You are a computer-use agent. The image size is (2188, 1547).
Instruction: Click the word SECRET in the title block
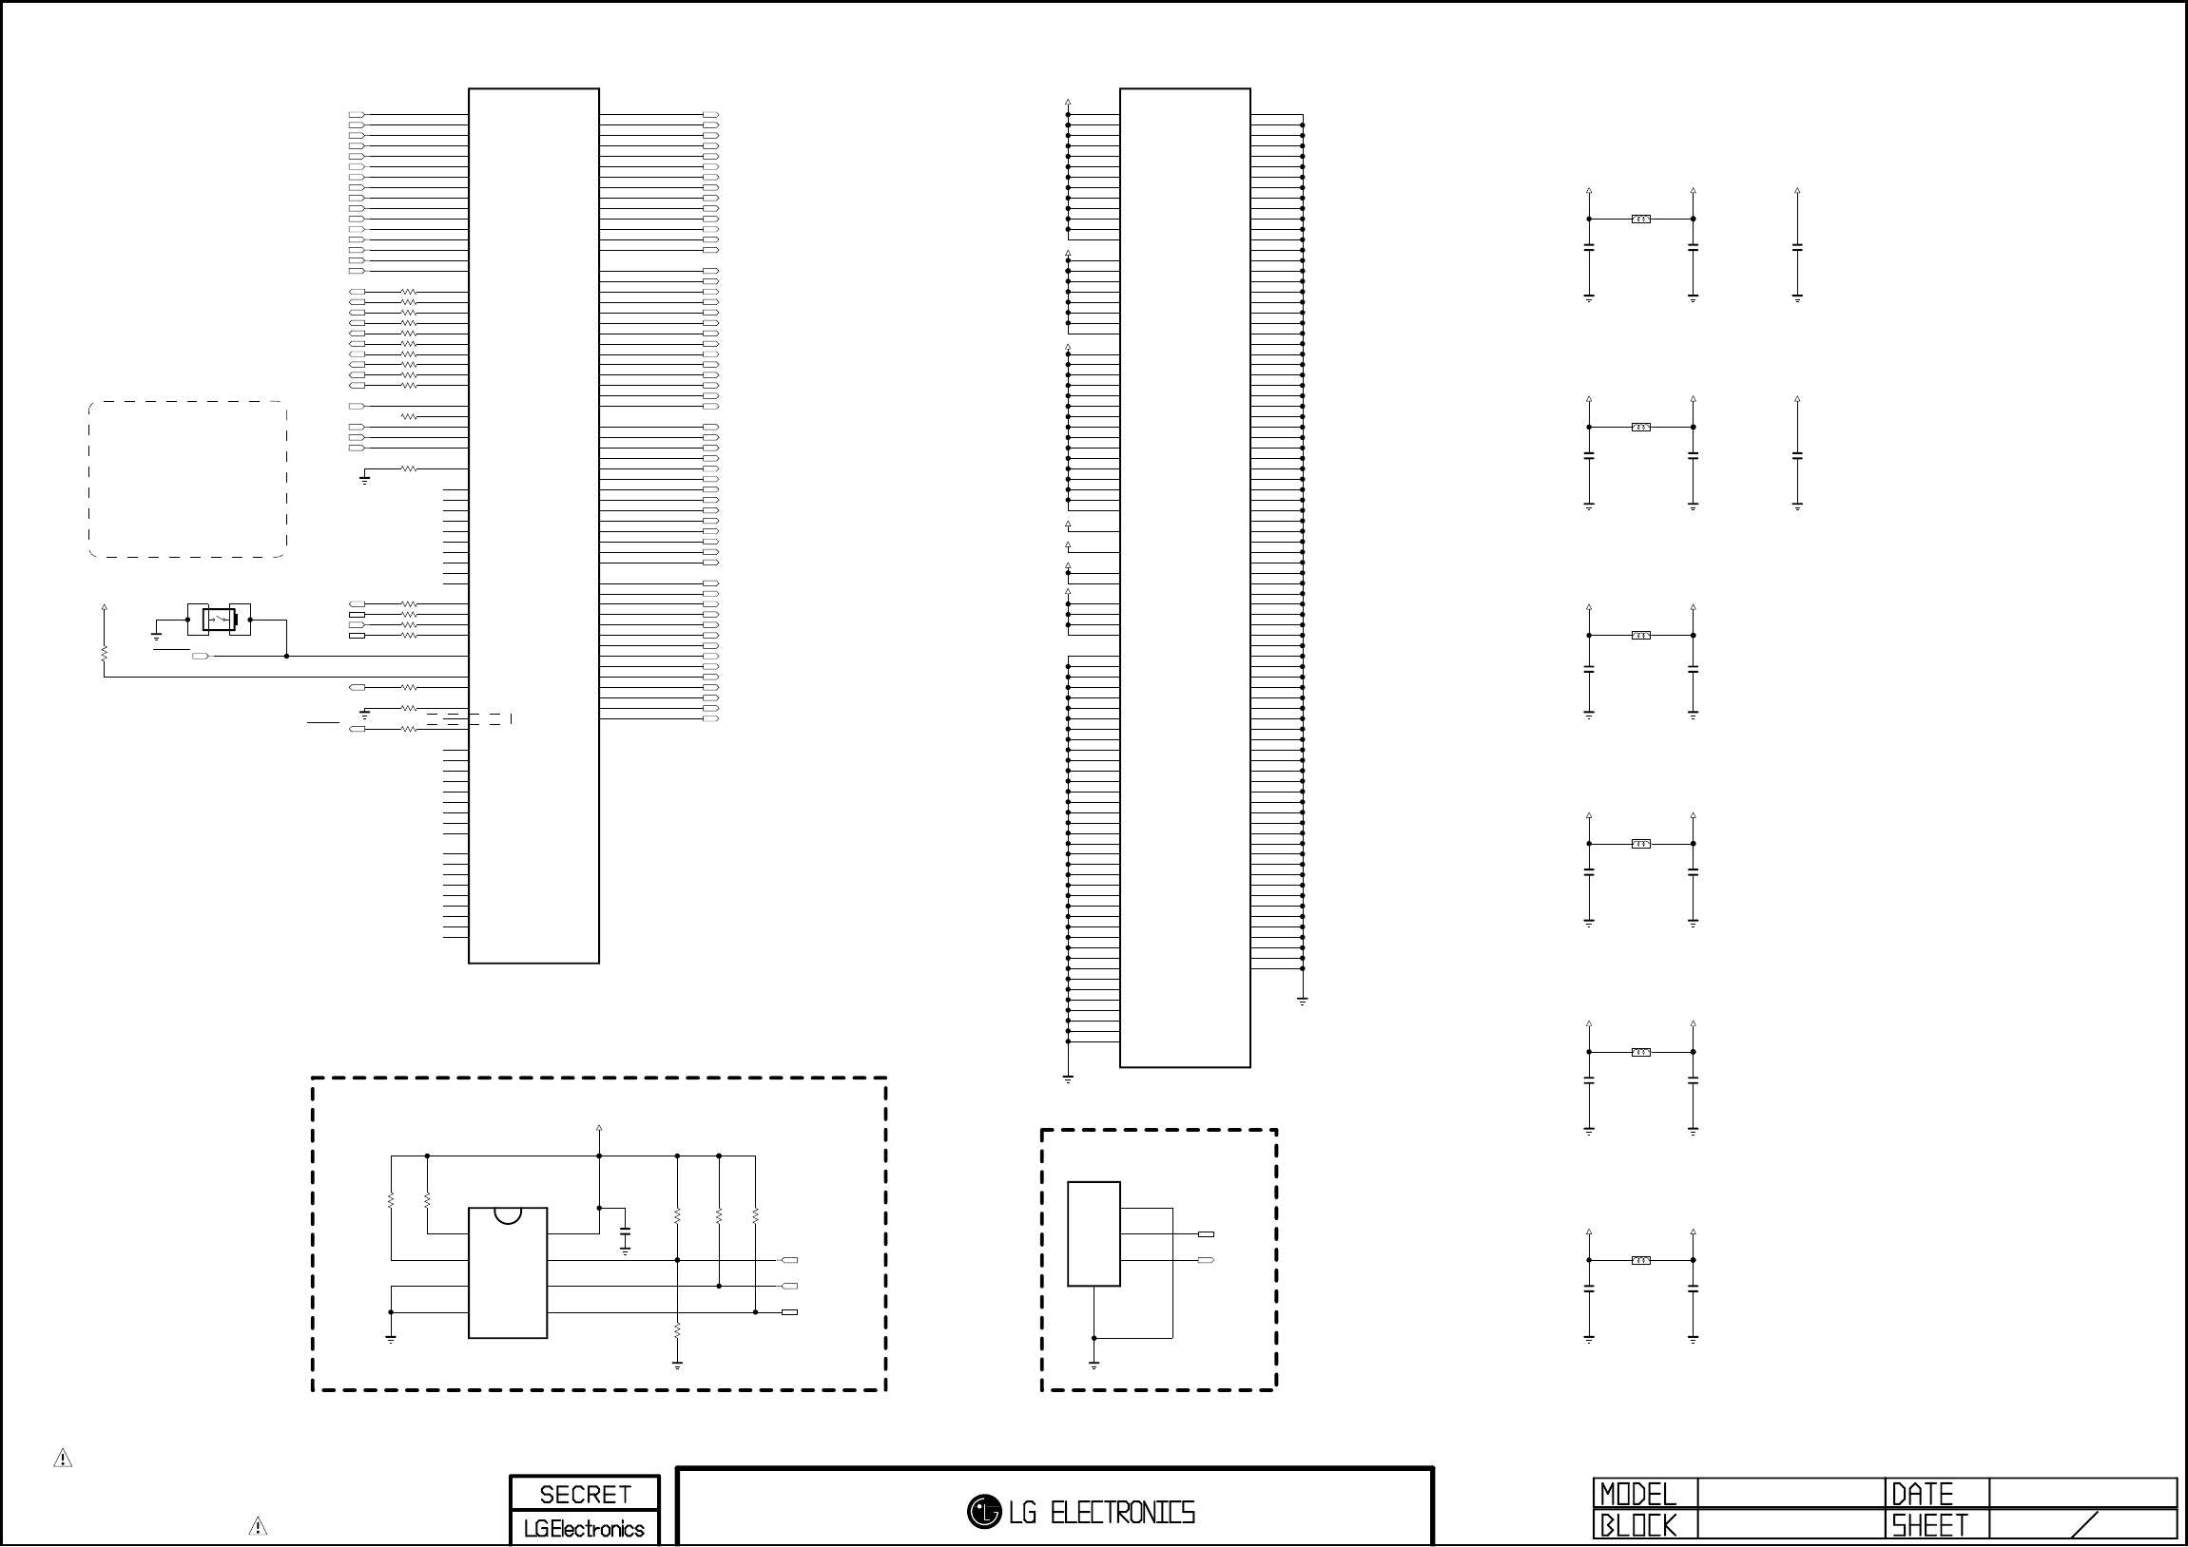coord(584,1495)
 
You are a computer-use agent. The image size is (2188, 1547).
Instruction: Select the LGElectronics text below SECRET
coord(584,1529)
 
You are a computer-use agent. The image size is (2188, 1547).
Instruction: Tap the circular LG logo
coord(983,1512)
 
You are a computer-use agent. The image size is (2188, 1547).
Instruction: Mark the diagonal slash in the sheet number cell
coord(2085,1525)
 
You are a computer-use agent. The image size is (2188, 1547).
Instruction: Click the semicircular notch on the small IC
coord(508,1214)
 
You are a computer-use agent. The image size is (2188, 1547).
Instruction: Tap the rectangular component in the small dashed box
coord(1093,1233)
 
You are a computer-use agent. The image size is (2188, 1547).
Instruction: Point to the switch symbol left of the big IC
coord(220,621)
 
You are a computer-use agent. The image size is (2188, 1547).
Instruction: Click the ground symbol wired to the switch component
coord(156,635)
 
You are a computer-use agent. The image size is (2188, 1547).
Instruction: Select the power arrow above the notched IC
coord(598,1129)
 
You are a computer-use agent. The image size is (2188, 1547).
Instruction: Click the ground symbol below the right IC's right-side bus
coord(1302,1002)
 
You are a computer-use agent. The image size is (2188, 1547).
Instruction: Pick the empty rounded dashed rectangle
coord(187,479)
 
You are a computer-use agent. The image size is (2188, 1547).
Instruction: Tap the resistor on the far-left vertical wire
coord(104,654)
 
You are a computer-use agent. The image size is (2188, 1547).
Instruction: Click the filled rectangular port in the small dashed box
coord(1206,1234)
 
